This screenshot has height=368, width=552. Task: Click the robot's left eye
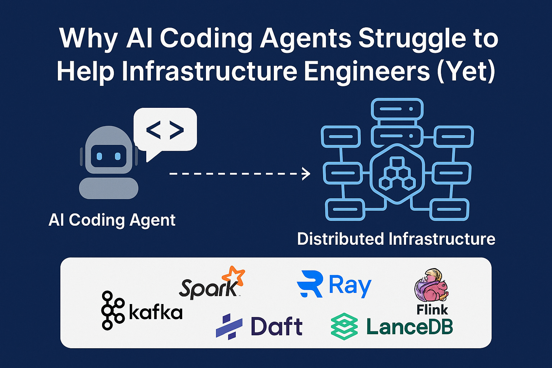pos(100,157)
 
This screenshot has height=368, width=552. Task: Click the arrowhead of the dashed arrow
pos(306,174)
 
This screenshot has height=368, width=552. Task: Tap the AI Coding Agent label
pos(112,220)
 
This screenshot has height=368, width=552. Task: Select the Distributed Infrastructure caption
pos(396,239)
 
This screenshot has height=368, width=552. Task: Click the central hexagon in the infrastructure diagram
pos(397,173)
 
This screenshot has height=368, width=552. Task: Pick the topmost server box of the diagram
pos(397,109)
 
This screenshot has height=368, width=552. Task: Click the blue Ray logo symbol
pos(309,284)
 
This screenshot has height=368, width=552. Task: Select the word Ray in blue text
pos(350,285)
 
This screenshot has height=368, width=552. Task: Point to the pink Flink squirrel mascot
pos(431,286)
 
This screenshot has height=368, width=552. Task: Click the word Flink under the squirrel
pos(432,309)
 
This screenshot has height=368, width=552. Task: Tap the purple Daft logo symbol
pos(229,326)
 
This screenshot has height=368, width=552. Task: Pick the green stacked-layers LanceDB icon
pos(344,326)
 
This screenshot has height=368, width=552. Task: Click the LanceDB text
pos(409,327)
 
